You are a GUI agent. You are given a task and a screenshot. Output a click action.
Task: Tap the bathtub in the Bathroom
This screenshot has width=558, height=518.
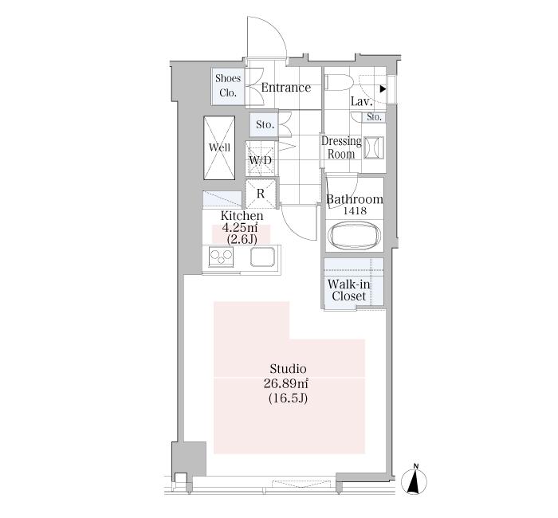pos(355,235)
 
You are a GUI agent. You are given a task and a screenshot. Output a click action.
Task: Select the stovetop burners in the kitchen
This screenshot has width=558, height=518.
pos(221,257)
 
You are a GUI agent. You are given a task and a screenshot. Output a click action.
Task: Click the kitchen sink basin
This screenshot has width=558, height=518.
pos(262,257)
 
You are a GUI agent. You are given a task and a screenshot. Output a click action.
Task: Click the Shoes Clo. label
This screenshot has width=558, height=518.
pos(228,86)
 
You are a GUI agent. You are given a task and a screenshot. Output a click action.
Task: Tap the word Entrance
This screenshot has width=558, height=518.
pos(285,88)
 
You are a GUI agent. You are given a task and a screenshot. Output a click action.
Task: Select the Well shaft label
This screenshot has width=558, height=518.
pos(219,147)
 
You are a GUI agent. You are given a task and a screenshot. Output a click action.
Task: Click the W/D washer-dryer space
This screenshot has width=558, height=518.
pos(261,159)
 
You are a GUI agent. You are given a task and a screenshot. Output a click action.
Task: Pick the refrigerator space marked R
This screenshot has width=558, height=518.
pos(261,194)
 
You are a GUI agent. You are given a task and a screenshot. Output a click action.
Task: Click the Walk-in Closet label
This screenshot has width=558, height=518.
pos(349,290)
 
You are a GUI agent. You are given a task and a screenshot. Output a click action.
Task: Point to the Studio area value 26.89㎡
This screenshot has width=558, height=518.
pos(285,383)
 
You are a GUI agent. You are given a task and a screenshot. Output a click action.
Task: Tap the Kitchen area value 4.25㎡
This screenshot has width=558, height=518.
pos(239,227)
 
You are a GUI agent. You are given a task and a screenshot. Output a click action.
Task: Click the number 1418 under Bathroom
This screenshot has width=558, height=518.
pos(355,211)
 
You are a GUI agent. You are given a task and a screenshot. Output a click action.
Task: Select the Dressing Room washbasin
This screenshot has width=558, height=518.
pos(373,147)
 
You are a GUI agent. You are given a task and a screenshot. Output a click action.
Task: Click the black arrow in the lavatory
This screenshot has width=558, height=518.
pos(383,89)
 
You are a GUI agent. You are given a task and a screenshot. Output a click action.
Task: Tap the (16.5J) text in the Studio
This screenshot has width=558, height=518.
pos(288,398)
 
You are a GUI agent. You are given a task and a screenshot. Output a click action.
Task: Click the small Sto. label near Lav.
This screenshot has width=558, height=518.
pos(374,116)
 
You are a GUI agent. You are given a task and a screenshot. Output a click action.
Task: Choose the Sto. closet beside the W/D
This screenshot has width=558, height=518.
pos(264,124)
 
